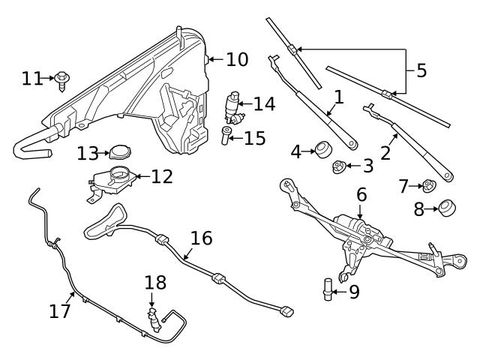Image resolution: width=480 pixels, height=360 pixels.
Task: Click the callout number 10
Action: click(x=236, y=58)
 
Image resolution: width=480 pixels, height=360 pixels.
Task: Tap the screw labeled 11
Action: click(x=62, y=79)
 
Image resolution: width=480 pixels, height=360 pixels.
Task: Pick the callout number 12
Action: click(x=161, y=176)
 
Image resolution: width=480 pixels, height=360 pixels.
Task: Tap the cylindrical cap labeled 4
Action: click(x=323, y=149)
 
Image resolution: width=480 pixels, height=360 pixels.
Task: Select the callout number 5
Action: click(x=421, y=70)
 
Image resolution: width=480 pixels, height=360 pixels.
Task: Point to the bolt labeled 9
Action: click(x=328, y=288)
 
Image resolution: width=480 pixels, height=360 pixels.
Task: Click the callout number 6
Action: click(x=361, y=194)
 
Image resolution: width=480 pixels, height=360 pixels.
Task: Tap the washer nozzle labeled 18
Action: click(x=154, y=319)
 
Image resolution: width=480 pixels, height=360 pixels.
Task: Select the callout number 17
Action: click(x=60, y=310)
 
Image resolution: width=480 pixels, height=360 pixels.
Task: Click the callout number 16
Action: click(x=201, y=238)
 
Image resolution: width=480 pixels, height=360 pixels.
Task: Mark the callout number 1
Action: click(x=338, y=96)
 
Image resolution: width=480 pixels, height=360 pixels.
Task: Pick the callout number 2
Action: click(x=385, y=152)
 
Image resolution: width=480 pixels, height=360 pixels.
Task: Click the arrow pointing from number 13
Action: click(x=104, y=153)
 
